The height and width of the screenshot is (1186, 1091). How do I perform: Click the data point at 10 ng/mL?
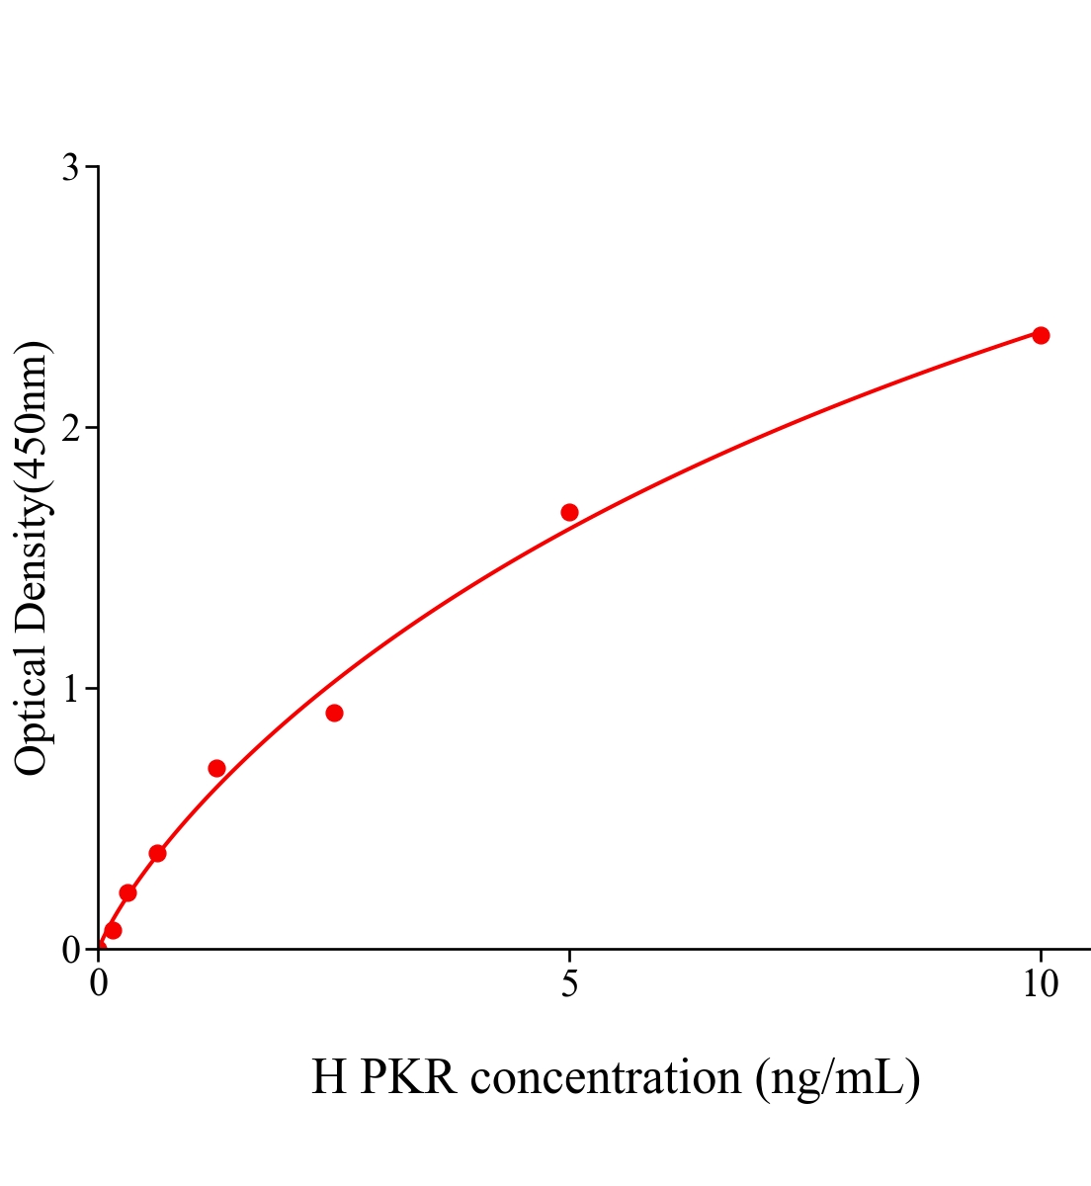[1041, 335]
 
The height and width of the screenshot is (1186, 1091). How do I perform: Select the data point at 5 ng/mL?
[569, 512]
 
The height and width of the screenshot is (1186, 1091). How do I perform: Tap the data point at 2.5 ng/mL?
[334, 713]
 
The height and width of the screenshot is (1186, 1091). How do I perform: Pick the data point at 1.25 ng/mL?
[216, 768]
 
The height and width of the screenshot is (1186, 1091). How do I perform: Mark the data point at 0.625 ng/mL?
[157, 853]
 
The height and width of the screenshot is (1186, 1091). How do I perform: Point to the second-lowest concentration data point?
[127, 892]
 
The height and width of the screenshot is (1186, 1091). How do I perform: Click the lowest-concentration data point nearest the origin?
[113, 930]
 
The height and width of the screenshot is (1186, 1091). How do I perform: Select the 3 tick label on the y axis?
[71, 168]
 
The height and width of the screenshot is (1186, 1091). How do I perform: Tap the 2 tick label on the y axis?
[71, 428]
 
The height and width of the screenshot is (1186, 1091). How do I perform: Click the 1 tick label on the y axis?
[71, 689]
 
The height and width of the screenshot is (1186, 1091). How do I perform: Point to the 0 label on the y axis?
[71, 950]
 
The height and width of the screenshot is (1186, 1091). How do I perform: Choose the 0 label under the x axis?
[99, 984]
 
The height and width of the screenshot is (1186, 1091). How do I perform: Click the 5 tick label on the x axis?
[569, 984]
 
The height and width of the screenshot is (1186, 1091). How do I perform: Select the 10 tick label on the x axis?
[1040, 984]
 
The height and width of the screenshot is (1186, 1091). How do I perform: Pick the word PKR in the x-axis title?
[408, 1077]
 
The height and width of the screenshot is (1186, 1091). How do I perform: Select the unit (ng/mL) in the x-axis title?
[838, 1077]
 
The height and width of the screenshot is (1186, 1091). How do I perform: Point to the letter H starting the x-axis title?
[329, 1077]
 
